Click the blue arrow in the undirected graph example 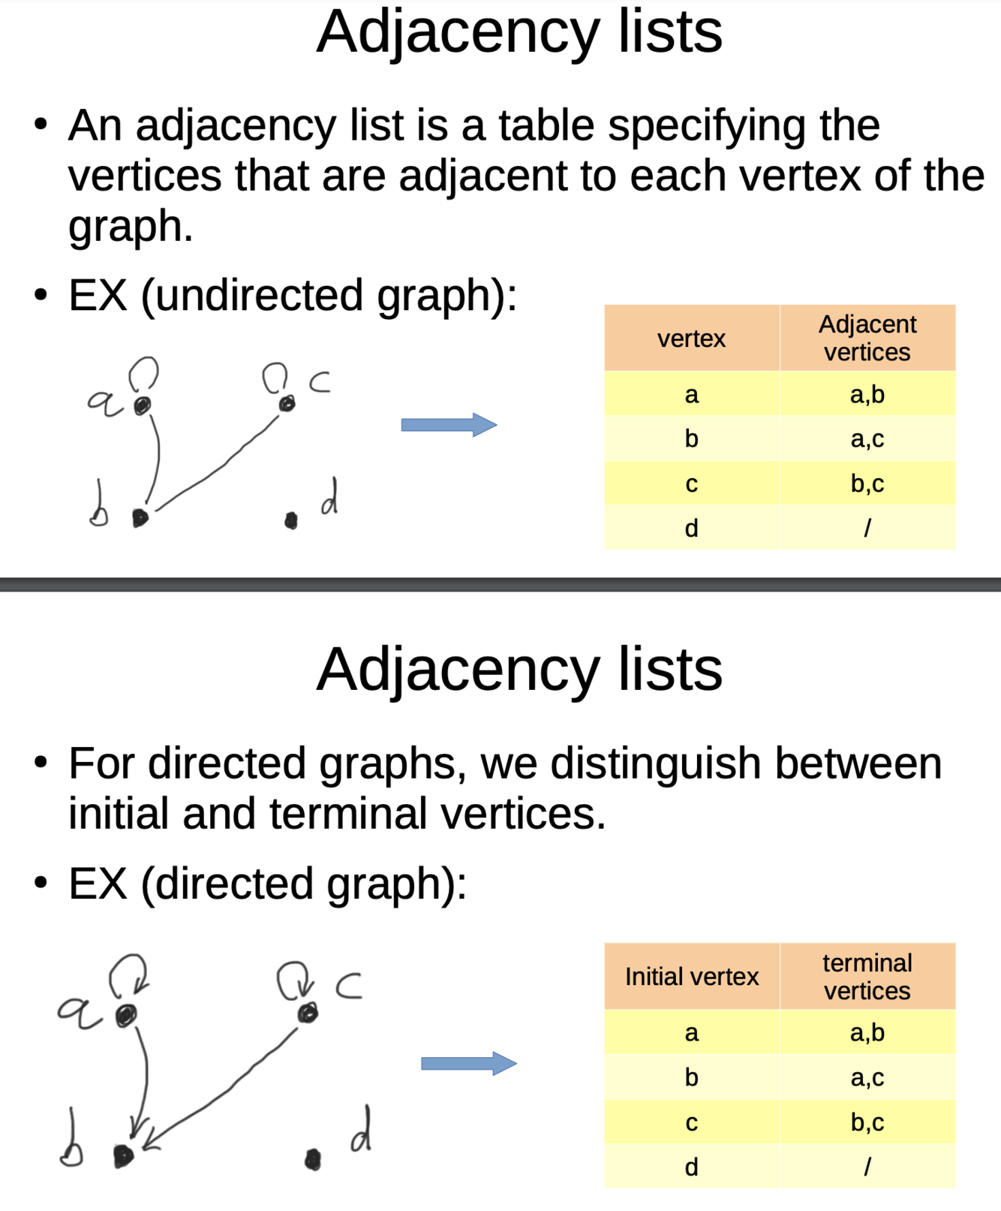click(x=448, y=425)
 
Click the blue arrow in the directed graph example click(x=468, y=1063)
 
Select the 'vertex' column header click(x=691, y=339)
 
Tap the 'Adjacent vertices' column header click(x=867, y=338)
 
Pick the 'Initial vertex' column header click(x=691, y=977)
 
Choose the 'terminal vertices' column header click(x=867, y=976)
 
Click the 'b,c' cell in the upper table click(x=867, y=483)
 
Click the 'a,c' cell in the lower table click(x=867, y=1077)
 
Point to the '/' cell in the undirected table click(x=867, y=528)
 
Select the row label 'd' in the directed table click(x=691, y=1167)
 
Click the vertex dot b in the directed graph click(x=123, y=1155)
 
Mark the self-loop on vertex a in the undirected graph click(x=143, y=372)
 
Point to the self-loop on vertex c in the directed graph click(x=293, y=979)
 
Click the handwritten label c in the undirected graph click(x=320, y=382)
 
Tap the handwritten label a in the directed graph click(x=77, y=1011)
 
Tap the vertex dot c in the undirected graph click(x=287, y=404)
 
